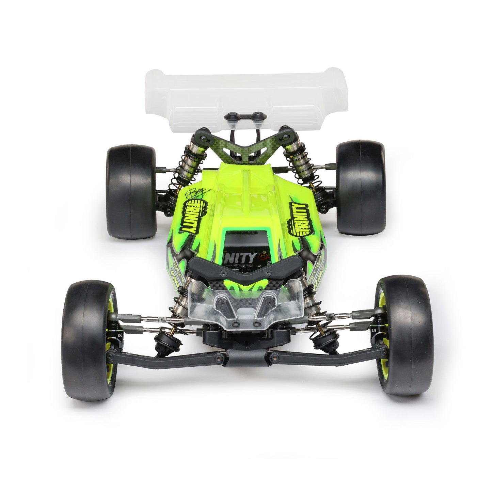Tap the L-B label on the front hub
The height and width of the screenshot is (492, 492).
click(374, 331)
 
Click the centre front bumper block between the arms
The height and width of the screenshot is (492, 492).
click(246, 358)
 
